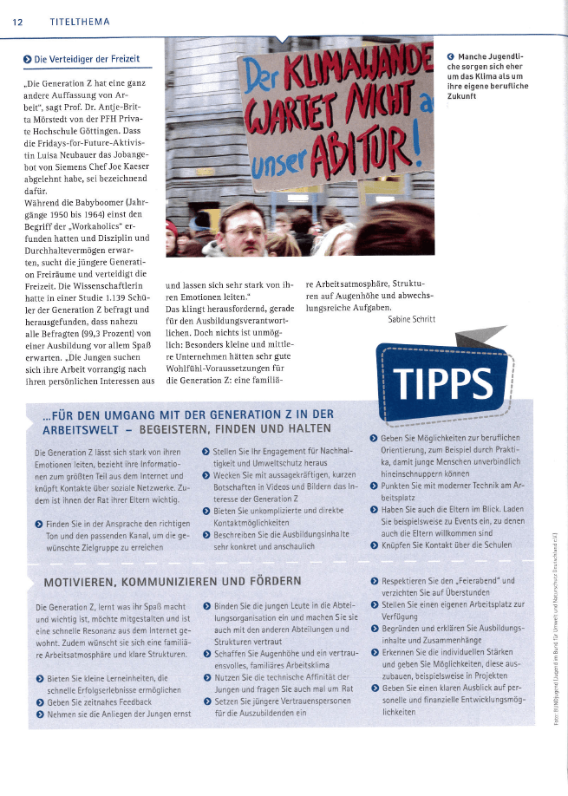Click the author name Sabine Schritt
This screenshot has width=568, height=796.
(x=412, y=319)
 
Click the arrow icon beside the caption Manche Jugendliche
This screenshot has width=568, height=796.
(x=451, y=57)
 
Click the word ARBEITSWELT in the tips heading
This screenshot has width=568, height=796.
(x=81, y=427)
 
